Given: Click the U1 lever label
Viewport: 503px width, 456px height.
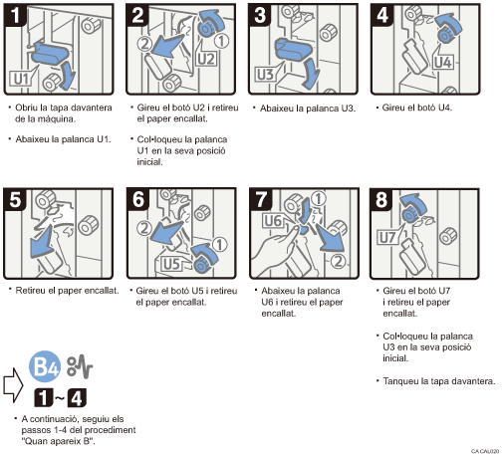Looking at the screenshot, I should point(23,76).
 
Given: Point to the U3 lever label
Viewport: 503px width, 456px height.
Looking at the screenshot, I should point(266,74).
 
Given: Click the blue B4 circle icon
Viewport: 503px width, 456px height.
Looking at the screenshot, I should point(45,366).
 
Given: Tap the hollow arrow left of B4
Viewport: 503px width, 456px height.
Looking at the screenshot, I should point(13,380).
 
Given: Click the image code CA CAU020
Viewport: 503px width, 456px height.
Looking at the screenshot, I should point(482,450).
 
